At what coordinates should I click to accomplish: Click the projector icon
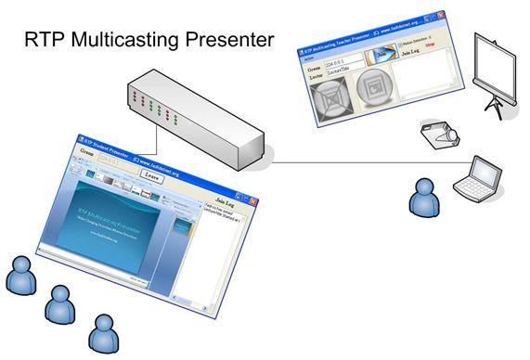[x=438, y=135]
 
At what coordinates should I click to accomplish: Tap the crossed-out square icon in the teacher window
[x=330, y=101]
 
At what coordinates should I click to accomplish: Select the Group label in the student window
[x=88, y=151]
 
